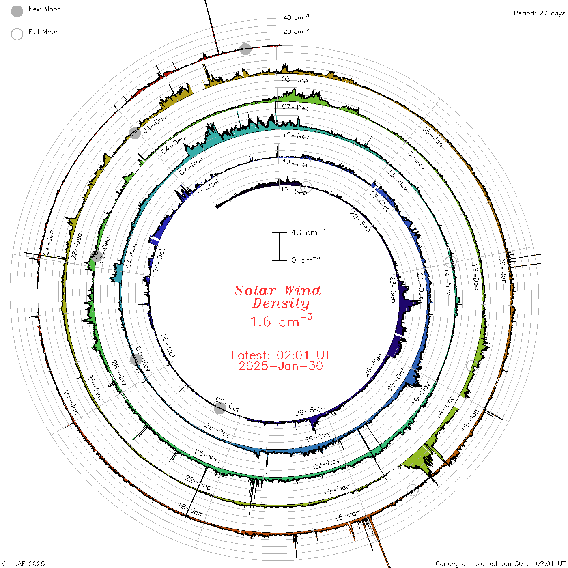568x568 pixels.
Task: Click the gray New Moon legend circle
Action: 17,11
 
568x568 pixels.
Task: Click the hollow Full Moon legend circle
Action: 17,34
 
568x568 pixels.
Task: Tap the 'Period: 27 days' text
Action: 540,13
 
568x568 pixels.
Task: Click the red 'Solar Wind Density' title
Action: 278,297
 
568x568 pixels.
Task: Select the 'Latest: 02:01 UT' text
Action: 281,355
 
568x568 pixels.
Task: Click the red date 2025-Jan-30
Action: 281,366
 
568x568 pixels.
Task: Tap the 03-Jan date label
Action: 295,80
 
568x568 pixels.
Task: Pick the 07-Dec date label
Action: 295,108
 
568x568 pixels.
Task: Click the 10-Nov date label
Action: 296,136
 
